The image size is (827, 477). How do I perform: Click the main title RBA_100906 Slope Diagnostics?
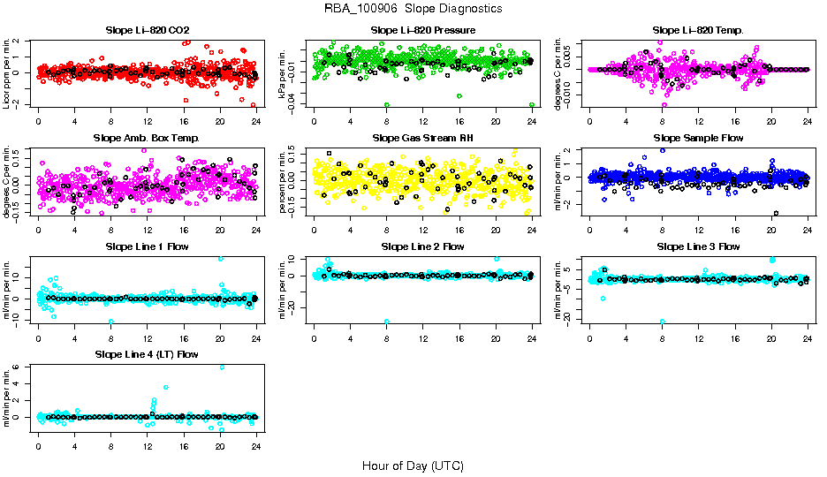413,9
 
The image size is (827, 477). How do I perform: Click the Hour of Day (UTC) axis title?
413,465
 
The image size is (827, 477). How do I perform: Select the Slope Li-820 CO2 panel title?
147,31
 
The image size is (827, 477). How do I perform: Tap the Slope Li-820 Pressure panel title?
423,31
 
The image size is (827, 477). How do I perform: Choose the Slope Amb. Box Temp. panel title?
147,139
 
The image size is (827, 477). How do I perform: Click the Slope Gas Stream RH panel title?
423,139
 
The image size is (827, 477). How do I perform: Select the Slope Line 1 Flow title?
147,246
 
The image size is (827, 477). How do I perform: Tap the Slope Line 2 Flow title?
423,246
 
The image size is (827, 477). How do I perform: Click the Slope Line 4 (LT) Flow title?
147,354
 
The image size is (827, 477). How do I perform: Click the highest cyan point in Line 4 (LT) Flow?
221,367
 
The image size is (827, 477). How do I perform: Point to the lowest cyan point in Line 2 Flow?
387,322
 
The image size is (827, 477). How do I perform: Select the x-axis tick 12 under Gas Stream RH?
423,229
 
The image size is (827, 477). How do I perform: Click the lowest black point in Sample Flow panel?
776,213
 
